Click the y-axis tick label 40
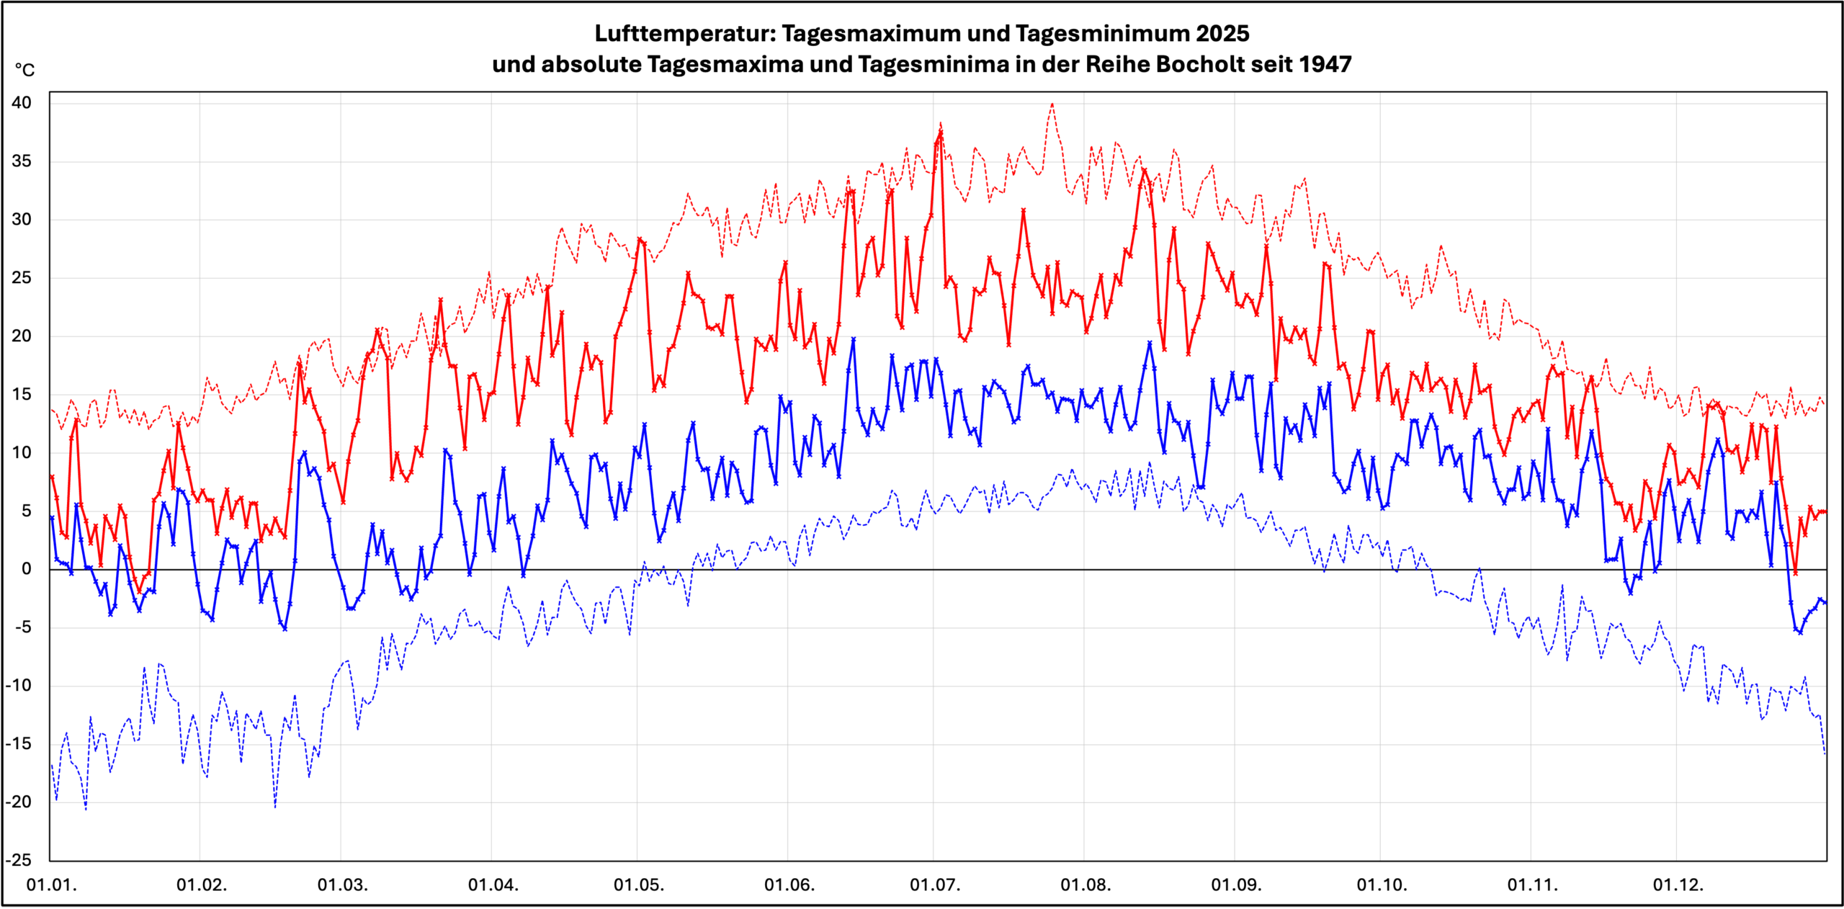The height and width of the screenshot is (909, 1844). (x=22, y=103)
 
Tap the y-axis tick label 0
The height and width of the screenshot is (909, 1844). (x=27, y=569)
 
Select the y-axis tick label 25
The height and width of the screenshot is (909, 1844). (x=22, y=278)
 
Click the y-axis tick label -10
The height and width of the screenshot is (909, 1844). (x=19, y=686)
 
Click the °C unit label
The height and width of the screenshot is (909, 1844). (x=24, y=71)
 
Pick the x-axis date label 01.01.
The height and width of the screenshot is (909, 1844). (x=51, y=885)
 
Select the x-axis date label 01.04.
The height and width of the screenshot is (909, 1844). (x=493, y=885)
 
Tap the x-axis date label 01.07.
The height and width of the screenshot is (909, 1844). (x=935, y=885)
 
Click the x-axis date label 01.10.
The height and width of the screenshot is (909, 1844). (x=1382, y=885)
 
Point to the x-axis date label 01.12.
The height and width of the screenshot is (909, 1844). (x=1678, y=885)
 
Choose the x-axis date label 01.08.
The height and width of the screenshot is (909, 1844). (x=1086, y=885)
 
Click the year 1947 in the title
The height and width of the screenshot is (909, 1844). (x=1325, y=65)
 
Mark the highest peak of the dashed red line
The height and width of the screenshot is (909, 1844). (x=1052, y=104)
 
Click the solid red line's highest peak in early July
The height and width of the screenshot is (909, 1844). (x=941, y=132)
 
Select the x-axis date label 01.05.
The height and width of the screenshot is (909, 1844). (x=638, y=885)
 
